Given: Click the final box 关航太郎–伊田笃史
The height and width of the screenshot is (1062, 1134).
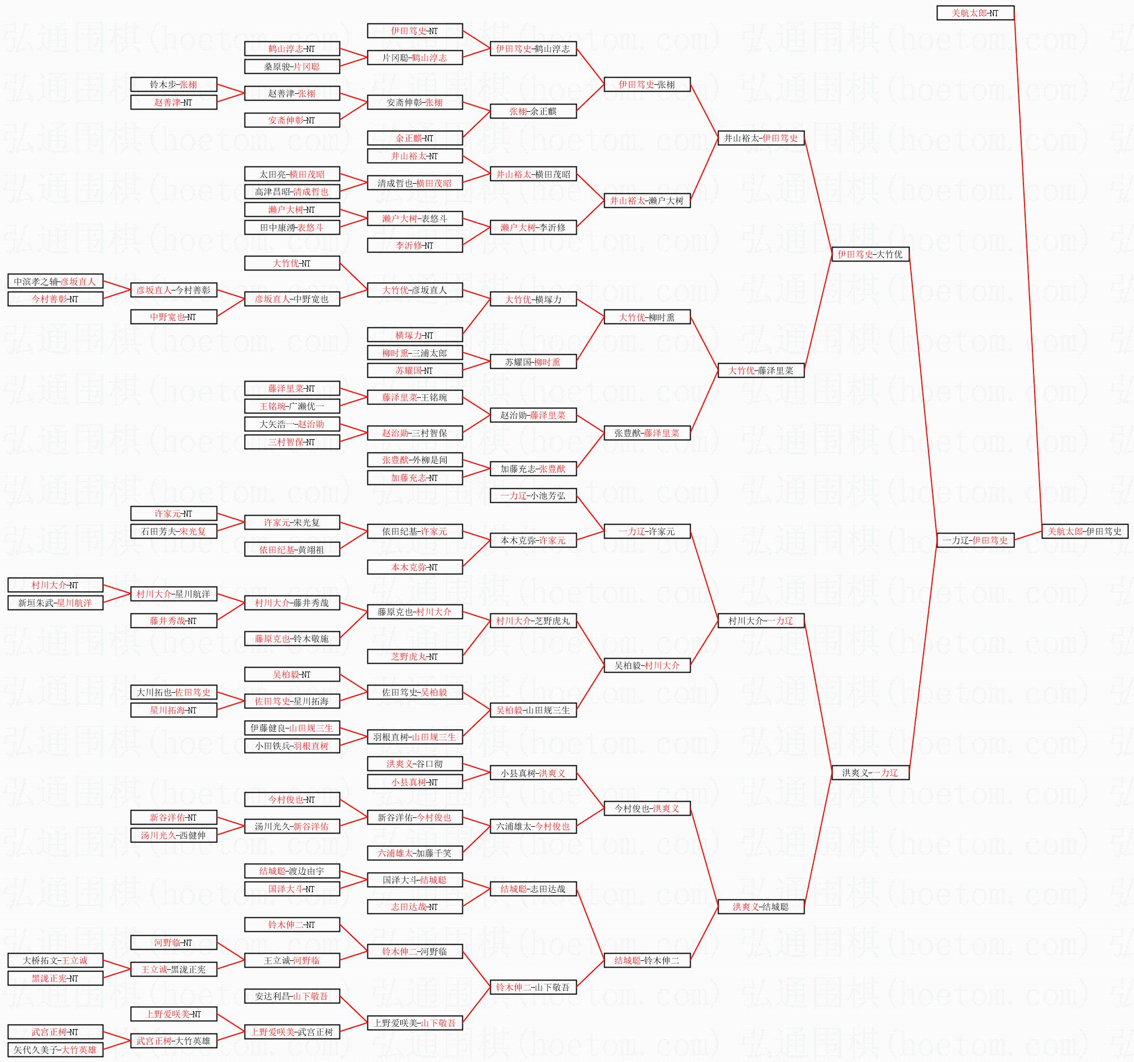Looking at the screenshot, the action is pyautogui.click(x=1084, y=531).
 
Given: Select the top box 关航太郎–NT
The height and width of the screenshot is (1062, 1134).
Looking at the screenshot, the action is pyautogui.click(x=975, y=12).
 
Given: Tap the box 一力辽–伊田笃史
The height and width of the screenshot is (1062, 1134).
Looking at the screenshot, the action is pyautogui.click(x=975, y=540).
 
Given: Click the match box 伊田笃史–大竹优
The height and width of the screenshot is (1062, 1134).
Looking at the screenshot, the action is pyautogui.click(x=870, y=254).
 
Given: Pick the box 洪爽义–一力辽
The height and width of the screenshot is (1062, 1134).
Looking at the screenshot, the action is pyautogui.click(x=870, y=773).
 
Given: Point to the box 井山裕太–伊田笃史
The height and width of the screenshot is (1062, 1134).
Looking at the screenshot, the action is pyautogui.click(x=761, y=138).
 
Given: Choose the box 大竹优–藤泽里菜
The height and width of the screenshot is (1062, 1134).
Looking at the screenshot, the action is pyautogui.click(x=761, y=370).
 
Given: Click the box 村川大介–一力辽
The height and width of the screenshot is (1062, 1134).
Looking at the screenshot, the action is pyautogui.click(x=761, y=621).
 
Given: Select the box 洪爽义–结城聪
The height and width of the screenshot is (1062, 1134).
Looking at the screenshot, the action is pyautogui.click(x=761, y=907).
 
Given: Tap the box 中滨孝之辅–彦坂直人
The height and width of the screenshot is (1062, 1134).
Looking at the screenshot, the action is pyautogui.click(x=55, y=282).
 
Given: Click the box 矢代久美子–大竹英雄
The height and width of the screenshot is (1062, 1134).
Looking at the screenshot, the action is pyautogui.click(x=55, y=1050).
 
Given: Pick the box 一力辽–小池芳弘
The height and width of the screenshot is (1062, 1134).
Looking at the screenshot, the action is pyautogui.click(x=533, y=496).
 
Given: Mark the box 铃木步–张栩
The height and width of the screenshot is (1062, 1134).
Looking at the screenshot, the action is pyautogui.click(x=174, y=84).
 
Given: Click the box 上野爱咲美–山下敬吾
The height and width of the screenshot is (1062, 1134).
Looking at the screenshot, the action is pyautogui.click(x=415, y=1023).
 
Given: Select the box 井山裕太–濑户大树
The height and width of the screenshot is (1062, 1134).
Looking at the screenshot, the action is pyautogui.click(x=647, y=201).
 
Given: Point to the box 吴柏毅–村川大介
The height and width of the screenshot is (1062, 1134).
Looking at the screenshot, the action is pyautogui.click(x=647, y=665).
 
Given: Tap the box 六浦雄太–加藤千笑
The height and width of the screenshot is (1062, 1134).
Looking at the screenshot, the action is pyautogui.click(x=415, y=853).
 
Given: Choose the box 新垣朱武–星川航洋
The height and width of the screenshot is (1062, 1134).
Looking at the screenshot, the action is pyautogui.click(x=55, y=603).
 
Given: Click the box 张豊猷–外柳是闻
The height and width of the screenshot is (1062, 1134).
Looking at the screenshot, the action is pyautogui.click(x=415, y=460).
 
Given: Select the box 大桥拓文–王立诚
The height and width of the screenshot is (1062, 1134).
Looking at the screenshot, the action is pyautogui.click(x=55, y=960).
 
